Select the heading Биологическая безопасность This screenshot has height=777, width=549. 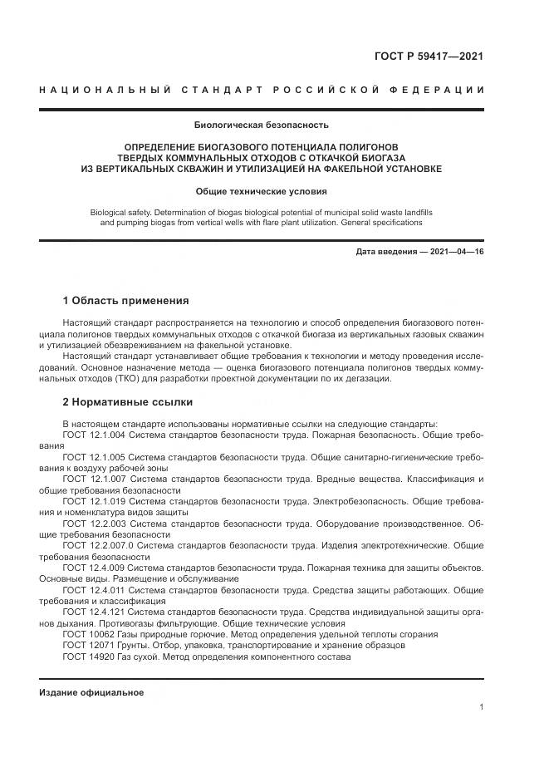[x=261, y=125]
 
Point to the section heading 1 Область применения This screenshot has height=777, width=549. [x=126, y=301]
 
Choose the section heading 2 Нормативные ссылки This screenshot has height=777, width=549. [x=127, y=401]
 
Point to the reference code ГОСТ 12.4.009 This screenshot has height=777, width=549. [x=95, y=567]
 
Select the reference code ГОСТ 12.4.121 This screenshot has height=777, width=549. [x=95, y=612]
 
